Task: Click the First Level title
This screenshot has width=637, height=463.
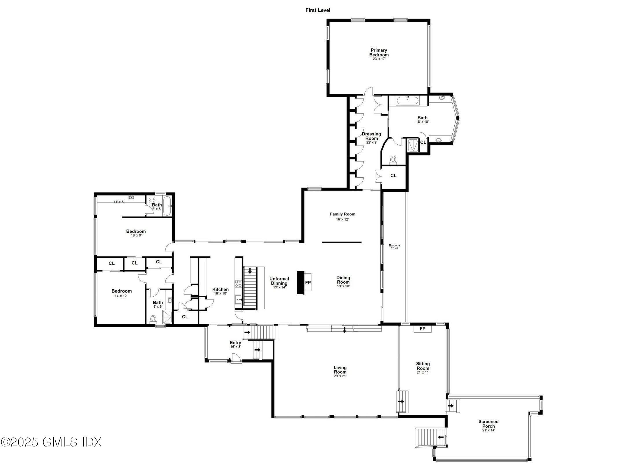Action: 317,10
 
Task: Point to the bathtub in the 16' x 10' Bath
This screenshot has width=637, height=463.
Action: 407,101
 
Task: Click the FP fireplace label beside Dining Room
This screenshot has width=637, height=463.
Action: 308,282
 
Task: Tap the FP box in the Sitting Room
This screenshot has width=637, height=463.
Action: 422,329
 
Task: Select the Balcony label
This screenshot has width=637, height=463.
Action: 394,245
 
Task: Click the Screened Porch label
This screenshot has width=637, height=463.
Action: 488,424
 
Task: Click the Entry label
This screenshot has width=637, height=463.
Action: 235,343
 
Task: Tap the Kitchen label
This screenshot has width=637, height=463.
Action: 220,289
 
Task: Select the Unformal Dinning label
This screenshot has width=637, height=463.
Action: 279,281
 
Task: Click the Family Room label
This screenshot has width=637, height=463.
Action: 342,214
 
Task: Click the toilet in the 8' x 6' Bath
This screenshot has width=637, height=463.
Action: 153,319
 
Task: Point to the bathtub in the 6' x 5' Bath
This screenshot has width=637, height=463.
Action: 167,205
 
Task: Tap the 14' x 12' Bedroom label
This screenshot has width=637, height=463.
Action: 122,291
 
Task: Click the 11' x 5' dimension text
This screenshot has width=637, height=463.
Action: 119,202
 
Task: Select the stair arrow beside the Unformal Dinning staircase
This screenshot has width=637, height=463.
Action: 250,271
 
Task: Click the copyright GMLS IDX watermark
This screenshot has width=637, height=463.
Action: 51,442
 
